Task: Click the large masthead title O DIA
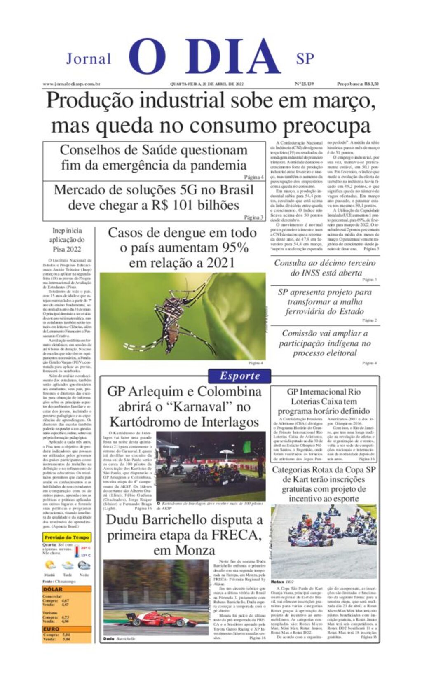click(205, 57)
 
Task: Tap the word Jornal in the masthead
click(89, 59)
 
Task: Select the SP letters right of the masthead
click(305, 59)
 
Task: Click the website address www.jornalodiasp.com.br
click(72, 84)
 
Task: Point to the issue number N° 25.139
click(305, 84)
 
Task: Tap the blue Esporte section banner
click(239, 376)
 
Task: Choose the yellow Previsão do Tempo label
click(67, 537)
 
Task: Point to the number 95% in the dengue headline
click(236, 248)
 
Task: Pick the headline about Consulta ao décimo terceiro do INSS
click(325, 268)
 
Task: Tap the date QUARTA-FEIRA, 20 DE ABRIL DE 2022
click(207, 84)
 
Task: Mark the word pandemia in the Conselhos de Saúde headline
click(220, 166)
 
